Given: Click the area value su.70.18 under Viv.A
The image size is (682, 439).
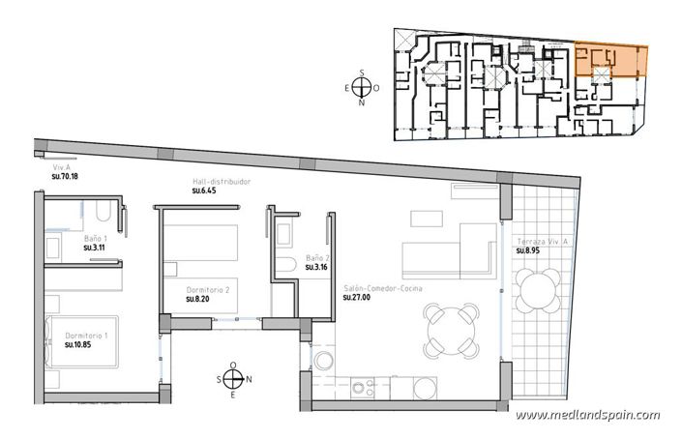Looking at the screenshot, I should (x=64, y=177).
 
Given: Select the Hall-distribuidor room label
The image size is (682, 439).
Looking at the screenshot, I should (x=222, y=181).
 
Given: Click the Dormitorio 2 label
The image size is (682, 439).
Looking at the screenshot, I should (x=207, y=290).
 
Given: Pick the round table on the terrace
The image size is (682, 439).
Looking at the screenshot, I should (x=538, y=288).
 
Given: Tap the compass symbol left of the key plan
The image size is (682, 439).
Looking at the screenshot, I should (x=362, y=85).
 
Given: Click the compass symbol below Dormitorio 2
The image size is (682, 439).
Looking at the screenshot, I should (x=233, y=379).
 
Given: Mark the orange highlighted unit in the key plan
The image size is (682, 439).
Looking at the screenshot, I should (x=609, y=62).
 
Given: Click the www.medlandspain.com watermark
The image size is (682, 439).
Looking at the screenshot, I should (x=587, y=415).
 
